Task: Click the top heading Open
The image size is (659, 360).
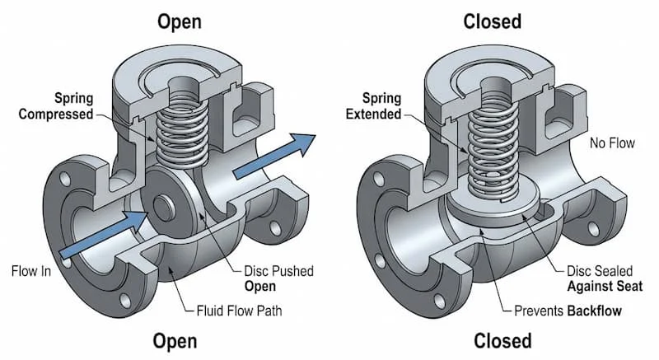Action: coord(180,20)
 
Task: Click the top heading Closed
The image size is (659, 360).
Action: coord(491,20)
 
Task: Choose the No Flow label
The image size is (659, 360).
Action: coord(611,143)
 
